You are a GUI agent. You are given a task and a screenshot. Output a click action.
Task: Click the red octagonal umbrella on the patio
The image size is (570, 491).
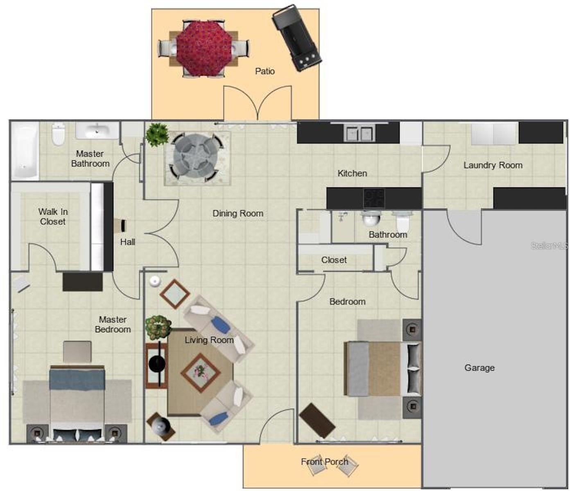coord(204,49)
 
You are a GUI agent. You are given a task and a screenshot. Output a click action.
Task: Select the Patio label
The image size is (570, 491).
coord(265,71)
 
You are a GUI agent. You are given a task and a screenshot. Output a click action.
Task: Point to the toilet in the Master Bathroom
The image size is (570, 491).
coord(58,134)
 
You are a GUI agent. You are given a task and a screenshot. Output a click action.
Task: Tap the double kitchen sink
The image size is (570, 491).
coord(359,134)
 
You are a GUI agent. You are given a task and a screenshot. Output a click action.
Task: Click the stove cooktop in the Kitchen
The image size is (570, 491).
coord(374,198)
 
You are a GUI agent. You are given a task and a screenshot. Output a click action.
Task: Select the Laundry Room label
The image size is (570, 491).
coord(493,165)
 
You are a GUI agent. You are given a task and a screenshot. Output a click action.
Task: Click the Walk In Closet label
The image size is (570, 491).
coord(53,216)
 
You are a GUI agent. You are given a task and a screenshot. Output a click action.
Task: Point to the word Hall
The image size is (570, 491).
coord(128,242)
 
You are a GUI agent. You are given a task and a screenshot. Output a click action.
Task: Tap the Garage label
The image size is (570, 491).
coord(480,368)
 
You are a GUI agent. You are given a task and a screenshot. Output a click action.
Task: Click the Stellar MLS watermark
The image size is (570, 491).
coord(549,246)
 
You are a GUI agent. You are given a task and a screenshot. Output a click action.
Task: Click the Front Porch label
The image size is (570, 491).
coord(324,462)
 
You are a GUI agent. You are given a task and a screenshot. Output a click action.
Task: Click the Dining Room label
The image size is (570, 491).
coord(238,213)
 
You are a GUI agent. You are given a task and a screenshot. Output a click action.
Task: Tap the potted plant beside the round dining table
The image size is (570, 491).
coord(157,135)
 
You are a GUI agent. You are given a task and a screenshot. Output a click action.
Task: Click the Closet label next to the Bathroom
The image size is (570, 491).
coord(334,260)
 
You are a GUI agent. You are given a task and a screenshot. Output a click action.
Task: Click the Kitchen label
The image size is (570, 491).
coord(352,173)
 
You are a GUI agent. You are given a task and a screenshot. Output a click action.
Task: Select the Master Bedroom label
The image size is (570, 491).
coord(113,324)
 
